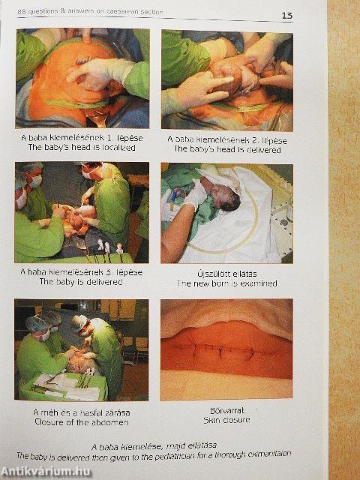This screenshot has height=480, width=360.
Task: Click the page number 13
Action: pos(287,15)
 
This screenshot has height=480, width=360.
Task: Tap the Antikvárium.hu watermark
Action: pos(46,472)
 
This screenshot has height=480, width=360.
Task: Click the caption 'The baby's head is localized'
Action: pos(82,148)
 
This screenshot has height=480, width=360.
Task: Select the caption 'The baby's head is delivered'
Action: pos(227,150)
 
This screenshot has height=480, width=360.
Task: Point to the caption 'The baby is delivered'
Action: pos(81,282)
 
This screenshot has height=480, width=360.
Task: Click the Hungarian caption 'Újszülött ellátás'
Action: pos(227,274)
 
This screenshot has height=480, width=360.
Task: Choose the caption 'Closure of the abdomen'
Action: pos(82,421)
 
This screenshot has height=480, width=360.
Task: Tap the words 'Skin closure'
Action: pos(226,420)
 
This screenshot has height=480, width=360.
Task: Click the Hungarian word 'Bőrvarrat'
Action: pos(227,410)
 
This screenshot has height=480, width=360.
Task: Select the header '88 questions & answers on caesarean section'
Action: pos(90,12)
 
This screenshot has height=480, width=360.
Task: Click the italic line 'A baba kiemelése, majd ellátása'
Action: pos(154,446)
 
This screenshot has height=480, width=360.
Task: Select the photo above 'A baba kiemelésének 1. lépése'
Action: pos(82,78)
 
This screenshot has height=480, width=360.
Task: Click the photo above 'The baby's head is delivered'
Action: pos(227,80)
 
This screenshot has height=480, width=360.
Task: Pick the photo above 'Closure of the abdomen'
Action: pos(82,350)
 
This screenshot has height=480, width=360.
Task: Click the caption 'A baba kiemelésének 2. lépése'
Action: pos(227,140)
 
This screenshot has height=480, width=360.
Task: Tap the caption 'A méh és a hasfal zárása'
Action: pos(82,412)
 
